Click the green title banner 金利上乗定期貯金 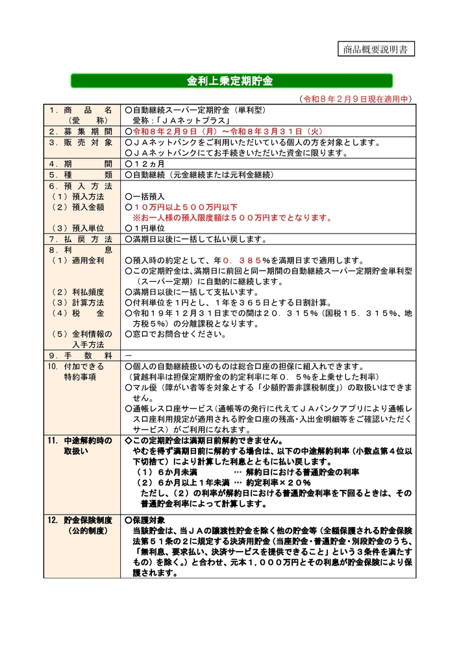(x=230, y=81)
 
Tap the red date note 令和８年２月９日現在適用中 (x=356, y=99)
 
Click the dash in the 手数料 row (x=127, y=356)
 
